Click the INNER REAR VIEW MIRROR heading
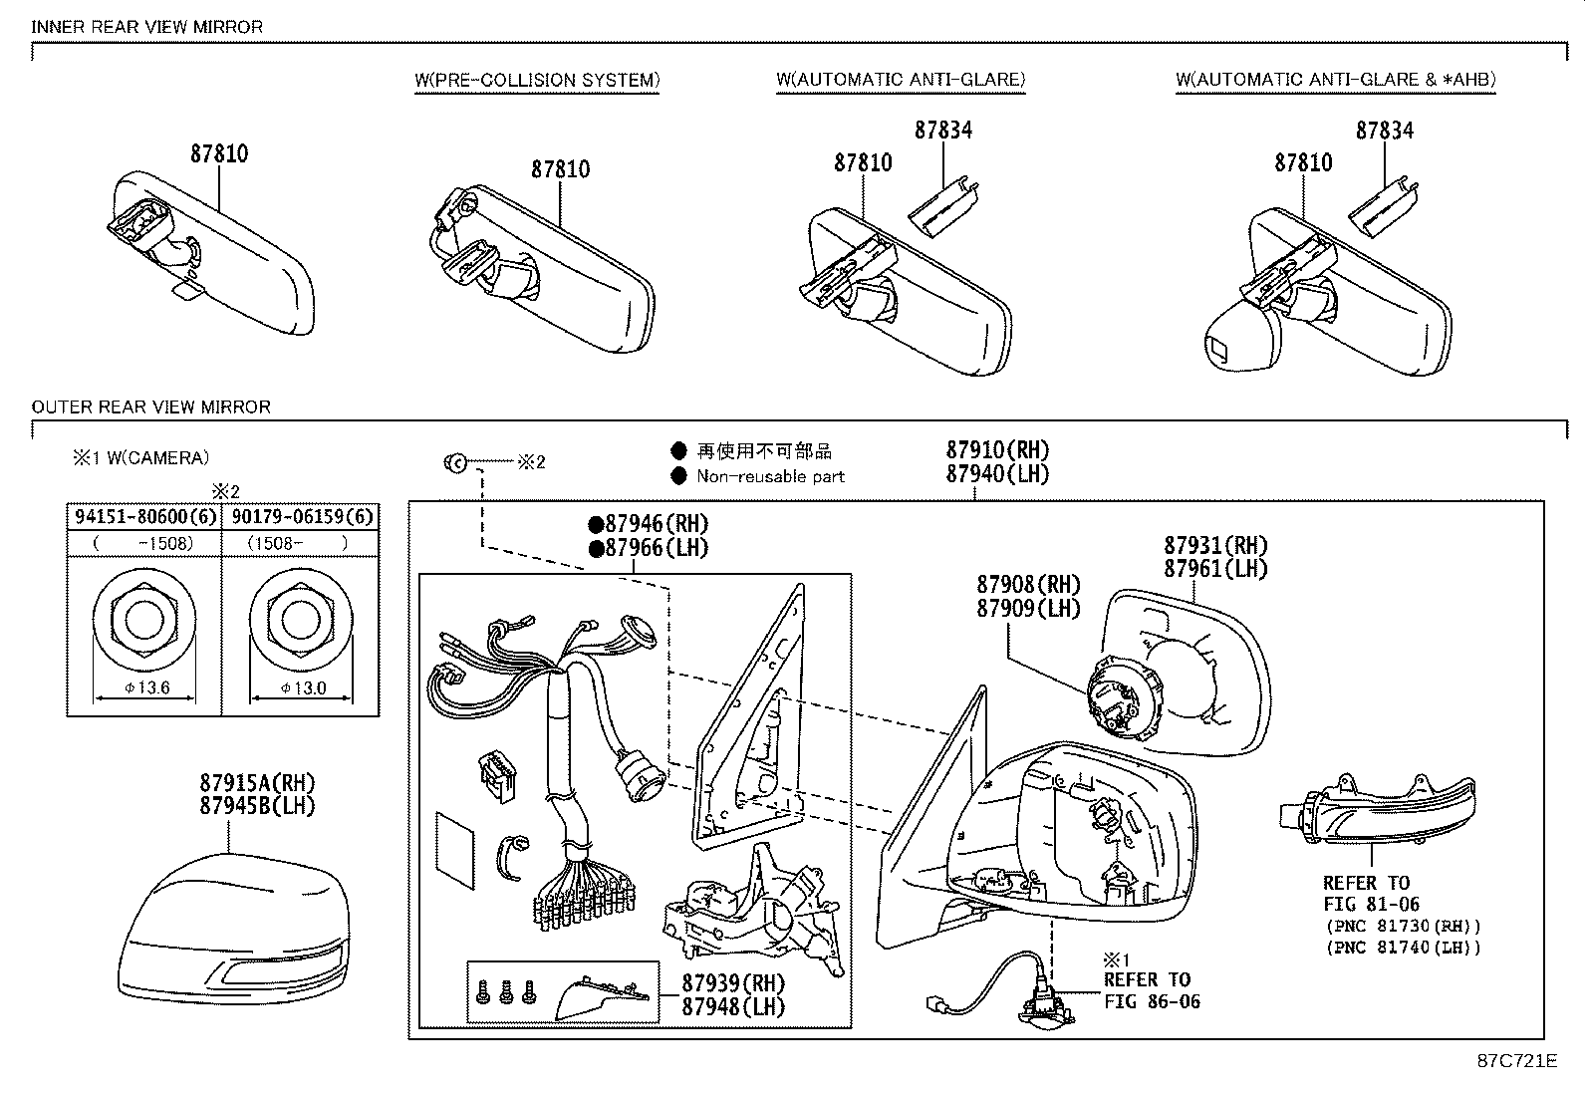click(x=147, y=27)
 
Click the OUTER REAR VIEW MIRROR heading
click(x=151, y=407)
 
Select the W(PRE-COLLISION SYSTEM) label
click(x=537, y=80)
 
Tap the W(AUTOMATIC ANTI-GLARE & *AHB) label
click(x=1335, y=80)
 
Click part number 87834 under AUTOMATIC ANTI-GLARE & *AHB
click(x=1384, y=131)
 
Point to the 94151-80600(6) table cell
click(x=144, y=516)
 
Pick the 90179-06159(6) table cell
click(x=302, y=516)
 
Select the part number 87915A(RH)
click(x=257, y=783)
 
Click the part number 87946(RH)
click(x=649, y=524)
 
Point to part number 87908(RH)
click(x=1028, y=585)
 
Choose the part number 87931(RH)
click(x=1215, y=546)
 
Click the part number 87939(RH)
click(x=733, y=982)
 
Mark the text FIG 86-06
click(x=1152, y=1001)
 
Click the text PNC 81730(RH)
click(x=1403, y=926)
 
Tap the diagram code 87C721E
click(x=1515, y=1061)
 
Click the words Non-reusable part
click(x=770, y=476)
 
